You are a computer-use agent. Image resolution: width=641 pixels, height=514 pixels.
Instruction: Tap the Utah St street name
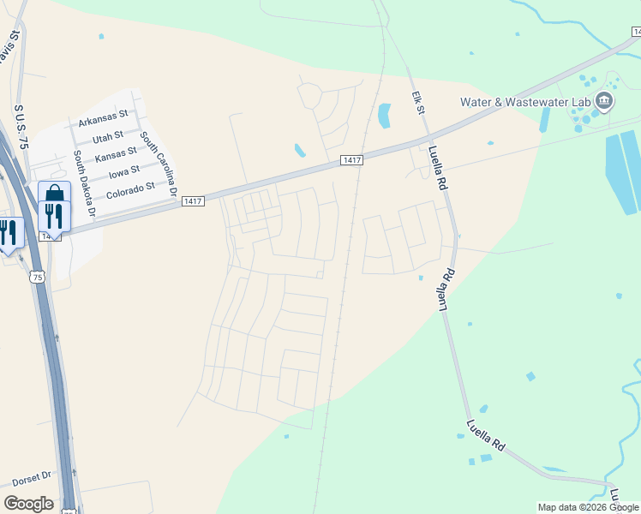[x=108, y=135]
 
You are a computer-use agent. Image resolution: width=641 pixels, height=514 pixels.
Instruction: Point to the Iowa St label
[x=123, y=171]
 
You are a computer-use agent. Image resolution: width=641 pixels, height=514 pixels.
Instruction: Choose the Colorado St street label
[x=130, y=185]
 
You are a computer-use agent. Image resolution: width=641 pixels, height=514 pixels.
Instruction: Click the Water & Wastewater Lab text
[x=525, y=101]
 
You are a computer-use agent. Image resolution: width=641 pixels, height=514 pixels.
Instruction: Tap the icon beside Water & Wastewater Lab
[x=604, y=103]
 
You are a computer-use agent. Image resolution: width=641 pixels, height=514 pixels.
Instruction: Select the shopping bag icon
[x=54, y=194]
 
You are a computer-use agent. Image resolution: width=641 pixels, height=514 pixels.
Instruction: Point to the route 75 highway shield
[x=36, y=276]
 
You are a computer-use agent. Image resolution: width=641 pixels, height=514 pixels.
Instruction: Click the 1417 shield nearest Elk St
[x=352, y=160]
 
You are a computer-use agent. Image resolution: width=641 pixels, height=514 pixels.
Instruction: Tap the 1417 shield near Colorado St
[x=193, y=201]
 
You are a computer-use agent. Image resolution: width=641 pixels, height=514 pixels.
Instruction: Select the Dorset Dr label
[x=33, y=474]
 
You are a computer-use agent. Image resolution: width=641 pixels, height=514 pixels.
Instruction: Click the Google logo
[x=28, y=503]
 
